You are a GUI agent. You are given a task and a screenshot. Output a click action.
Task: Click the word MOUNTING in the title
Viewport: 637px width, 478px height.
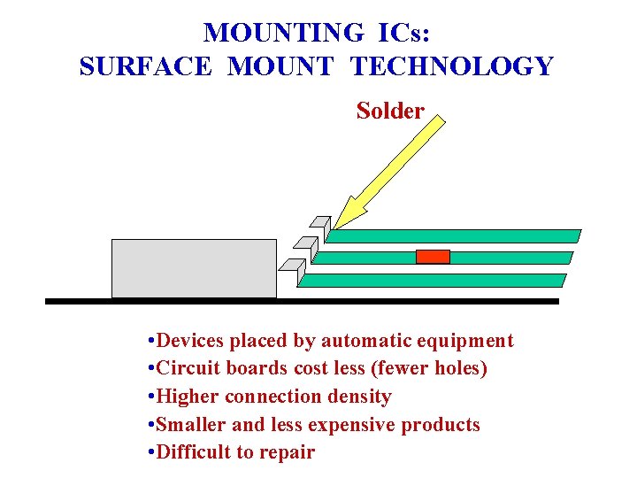(283, 33)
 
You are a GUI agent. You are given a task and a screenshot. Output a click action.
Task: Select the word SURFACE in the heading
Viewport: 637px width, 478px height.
(145, 66)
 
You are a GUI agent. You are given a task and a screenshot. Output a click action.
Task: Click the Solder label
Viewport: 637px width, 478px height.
(390, 112)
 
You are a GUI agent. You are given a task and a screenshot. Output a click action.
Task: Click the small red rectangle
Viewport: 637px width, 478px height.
(433, 257)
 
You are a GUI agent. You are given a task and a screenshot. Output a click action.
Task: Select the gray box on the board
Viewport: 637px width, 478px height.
(194, 268)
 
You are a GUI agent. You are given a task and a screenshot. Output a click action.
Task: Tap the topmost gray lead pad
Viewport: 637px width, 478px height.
(320, 222)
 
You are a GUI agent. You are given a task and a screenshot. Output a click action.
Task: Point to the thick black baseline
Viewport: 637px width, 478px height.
(302, 302)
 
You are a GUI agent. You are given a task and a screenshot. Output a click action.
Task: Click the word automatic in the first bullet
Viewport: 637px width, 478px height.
(362, 341)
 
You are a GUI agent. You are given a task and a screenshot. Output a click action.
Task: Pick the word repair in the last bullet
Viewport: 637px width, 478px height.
(286, 452)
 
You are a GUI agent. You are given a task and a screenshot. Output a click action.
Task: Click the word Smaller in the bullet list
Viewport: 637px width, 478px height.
(190, 425)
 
